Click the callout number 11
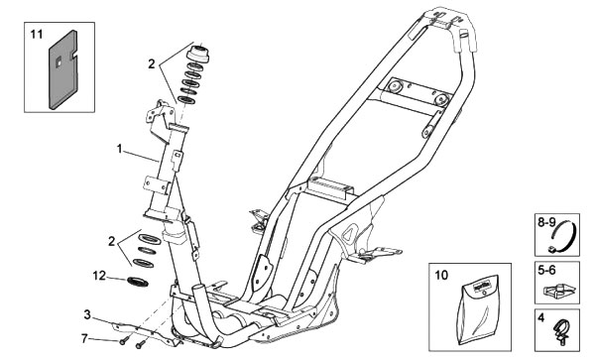[x=37, y=35]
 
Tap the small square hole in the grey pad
[x=59, y=61]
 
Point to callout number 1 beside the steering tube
[x=120, y=149]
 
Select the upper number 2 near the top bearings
[x=152, y=64]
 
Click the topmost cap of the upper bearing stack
[x=197, y=54]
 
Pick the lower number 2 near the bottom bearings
[x=111, y=241]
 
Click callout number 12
[x=99, y=276]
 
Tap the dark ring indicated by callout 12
[x=137, y=282]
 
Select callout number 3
[x=87, y=314]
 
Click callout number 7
[x=85, y=338]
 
